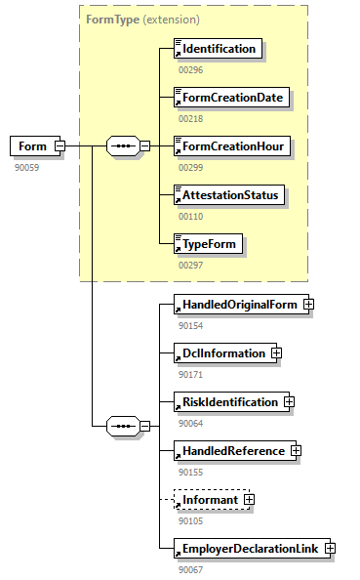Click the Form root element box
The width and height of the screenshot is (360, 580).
pos(31,146)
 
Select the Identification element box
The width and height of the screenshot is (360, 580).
pos(218,48)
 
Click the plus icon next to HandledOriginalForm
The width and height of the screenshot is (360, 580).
pos(308,304)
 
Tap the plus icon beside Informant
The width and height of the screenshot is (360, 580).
pos(249,499)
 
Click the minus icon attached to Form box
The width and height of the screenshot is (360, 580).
pos(60,146)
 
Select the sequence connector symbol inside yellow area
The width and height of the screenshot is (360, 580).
pos(122,146)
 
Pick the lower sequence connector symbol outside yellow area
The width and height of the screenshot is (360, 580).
pos(122,426)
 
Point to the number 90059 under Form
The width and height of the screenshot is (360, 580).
pos(26,167)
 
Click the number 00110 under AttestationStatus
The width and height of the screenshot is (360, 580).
pos(191,215)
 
